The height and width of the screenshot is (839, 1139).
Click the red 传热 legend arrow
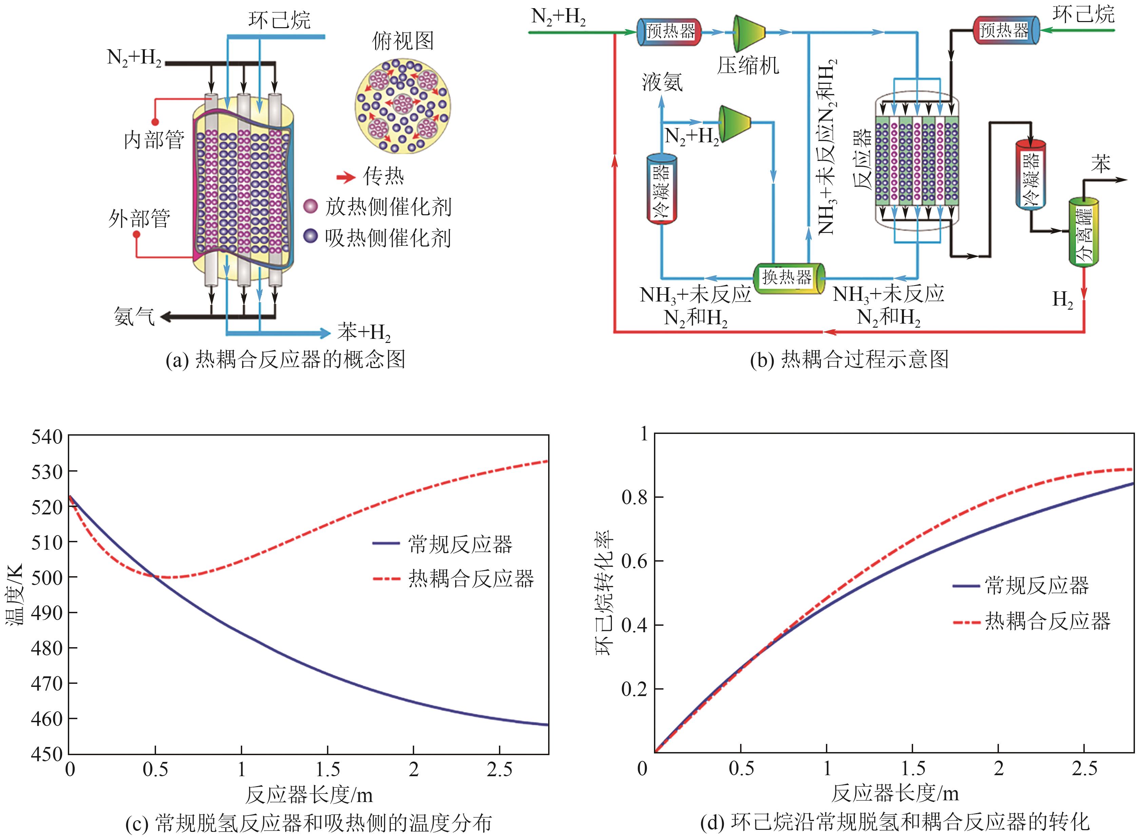(346, 177)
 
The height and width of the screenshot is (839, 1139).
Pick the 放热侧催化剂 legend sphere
(310, 206)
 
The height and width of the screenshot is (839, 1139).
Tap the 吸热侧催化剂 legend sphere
(310, 236)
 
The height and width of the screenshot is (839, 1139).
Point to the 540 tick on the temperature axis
(47, 436)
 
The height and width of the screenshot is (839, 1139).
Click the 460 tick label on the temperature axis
(47, 719)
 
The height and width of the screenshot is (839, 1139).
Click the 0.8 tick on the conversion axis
(635, 497)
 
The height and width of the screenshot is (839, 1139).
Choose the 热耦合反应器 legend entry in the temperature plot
(471, 579)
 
